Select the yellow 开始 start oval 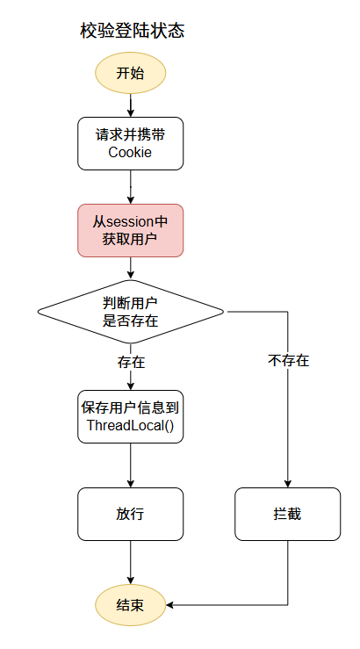[131, 73]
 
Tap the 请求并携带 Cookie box [131, 143]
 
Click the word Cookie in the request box [131, 152]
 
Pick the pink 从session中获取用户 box [131, 230]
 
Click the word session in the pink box [131, 221]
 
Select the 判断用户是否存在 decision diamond [131, 311]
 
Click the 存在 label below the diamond [131, 361]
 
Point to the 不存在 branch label [288, 360]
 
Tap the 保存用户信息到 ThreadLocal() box [131, 416]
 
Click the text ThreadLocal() [131, 426]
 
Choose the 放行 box [131, 514]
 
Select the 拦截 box [288, 514]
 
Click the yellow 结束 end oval [131, 605]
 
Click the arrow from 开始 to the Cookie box [131, 105]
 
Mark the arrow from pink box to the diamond [131, 267]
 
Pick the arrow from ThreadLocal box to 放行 [131, 465]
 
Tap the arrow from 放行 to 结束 [131, 562]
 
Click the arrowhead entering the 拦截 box [288, 482]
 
